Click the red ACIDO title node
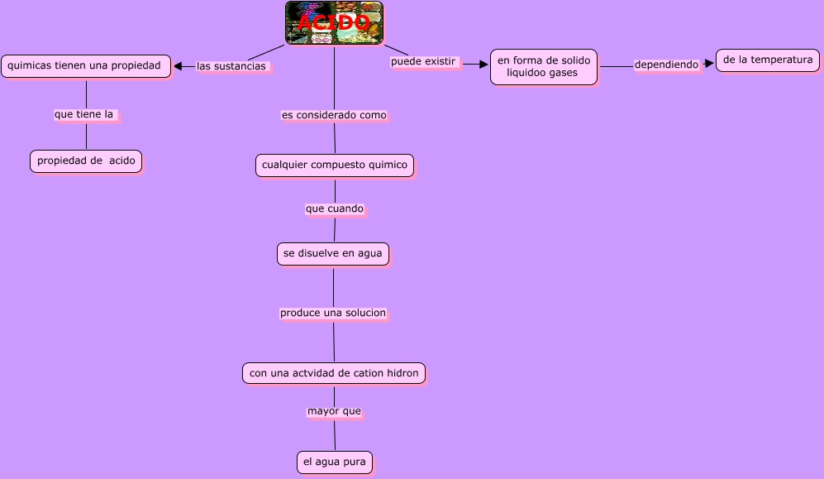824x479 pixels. [334, 23]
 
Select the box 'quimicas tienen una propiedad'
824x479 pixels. [86, 65]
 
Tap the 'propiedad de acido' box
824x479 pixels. [86, 160]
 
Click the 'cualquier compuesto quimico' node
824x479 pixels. [335, 165]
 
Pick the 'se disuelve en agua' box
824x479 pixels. [333, 254]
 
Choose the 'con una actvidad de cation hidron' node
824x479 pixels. [334, 373]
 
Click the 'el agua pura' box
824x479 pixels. [335, 462]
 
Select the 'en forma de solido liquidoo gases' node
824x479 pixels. [543, 67]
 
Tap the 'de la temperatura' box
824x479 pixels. [767, 60]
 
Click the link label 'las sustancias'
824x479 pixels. [232, 66]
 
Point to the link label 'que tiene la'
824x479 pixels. [84, 115]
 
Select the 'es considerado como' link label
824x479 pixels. [334, 115]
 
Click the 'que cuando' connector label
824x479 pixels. [334, 208]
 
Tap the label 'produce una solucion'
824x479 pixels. [333, 313]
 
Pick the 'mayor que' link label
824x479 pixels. [334, 410]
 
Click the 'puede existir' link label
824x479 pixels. [423, 61]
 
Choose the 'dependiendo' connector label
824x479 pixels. [666, 65]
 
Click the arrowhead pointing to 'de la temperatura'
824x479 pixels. [708, 63]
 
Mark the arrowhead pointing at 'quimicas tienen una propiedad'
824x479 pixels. [178, 66]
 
